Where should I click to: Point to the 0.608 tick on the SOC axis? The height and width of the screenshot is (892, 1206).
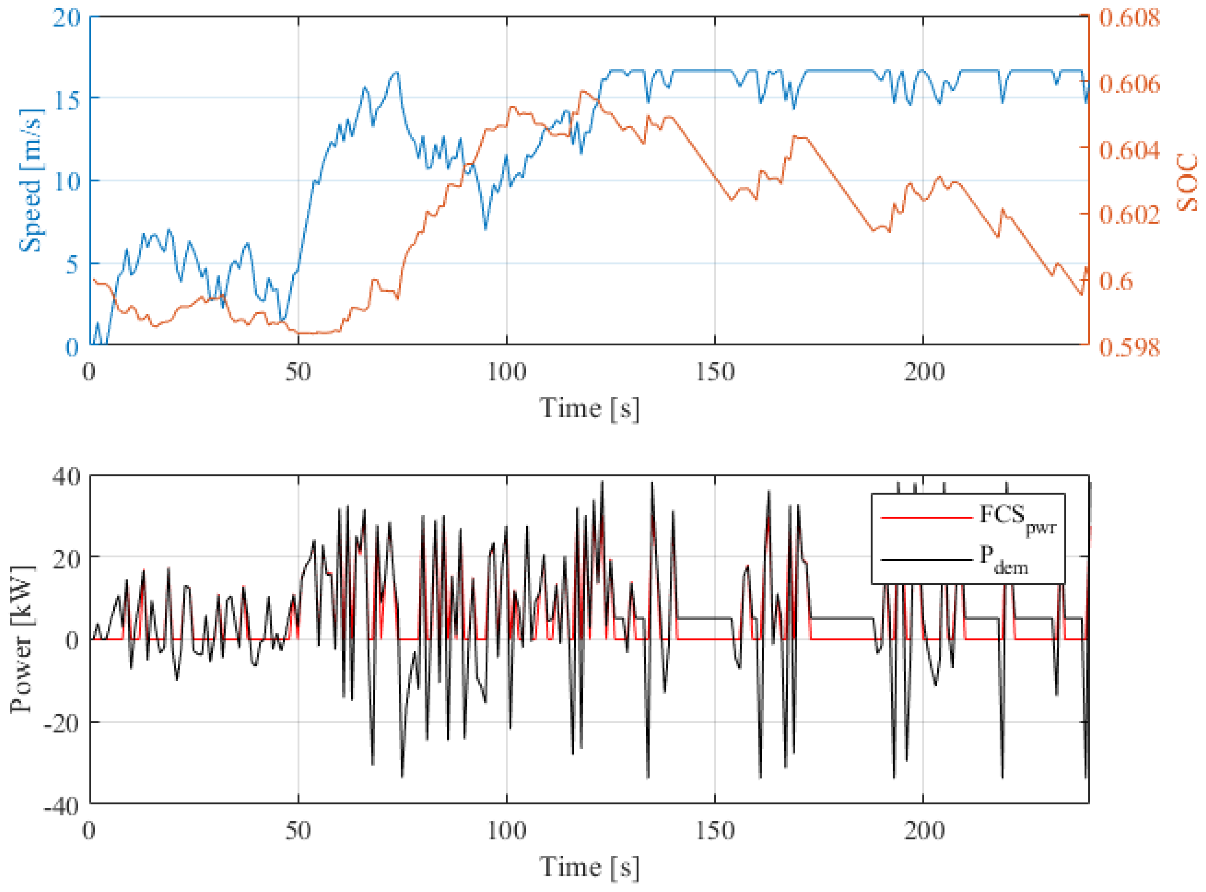click(x=1129, y=18)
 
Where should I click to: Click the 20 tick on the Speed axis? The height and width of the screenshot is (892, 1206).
click(x=66, y=18)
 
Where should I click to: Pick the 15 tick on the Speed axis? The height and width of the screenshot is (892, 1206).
click(x=66, y=100)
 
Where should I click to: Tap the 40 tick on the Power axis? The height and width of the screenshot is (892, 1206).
click(x=66, y=477)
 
